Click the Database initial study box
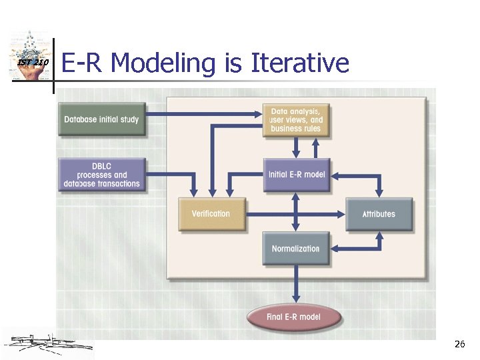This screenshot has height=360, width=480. click(x=101, y=120)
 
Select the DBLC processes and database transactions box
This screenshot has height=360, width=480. click(x=101, y=175)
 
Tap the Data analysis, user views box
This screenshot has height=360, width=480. click(x=295, y=120)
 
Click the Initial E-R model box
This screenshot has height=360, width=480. click(x=296, y=175)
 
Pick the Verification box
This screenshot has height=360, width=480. click(x=211, y=214)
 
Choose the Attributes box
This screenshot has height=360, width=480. click(x=379, y=214)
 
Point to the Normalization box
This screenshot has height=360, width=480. click(x=295, y=249)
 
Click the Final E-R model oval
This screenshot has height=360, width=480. click(x=293, y=317)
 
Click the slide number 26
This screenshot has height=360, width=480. click(x=459, y=344)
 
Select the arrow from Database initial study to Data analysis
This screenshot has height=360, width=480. click(x=203, y=113)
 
